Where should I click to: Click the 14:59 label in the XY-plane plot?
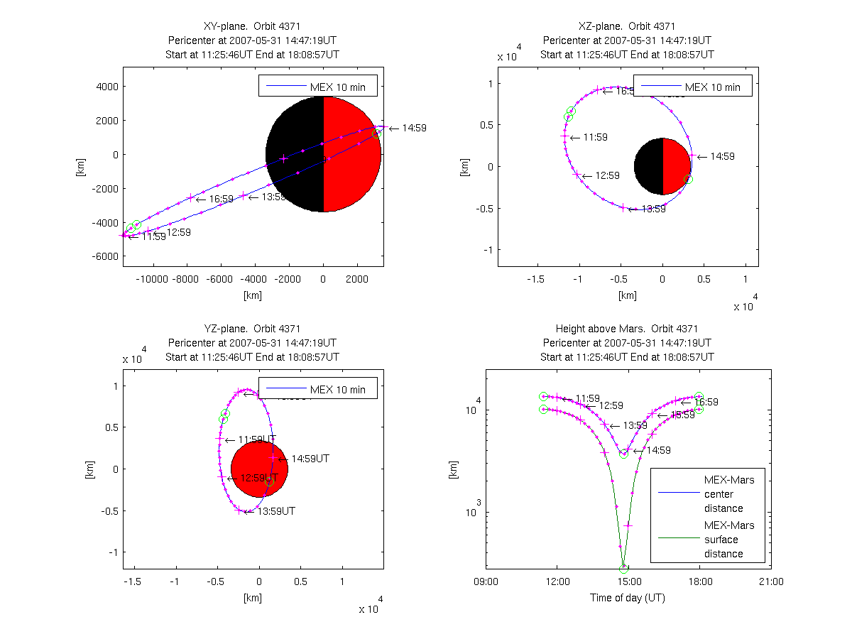pyautogui.click(x=411, y=129)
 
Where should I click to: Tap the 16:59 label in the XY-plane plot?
pyautogui.click(x=221, y=199)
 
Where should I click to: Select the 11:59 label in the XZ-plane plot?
pyautogui.click(x=595, y=137)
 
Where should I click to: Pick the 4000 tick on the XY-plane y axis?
pyautogui.click(x=106, y=87)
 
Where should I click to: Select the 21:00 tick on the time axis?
pyautogui.click(x=771, y=581)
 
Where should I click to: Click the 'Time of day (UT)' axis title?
pyautogui.click(x=628, y=598)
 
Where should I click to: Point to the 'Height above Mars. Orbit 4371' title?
pyautogui.click(x=628, y=329)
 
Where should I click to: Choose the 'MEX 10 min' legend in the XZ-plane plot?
pyautogui.click(x=692, y=87)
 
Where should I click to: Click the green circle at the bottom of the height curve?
pyautogui.click(x=624, y=569)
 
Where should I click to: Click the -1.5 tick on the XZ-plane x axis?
pyautogui.click(x=536, y=279)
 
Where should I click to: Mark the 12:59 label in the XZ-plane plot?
pyautogui.click(x=607, y=175)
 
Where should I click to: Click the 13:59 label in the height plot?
pyautogui.click(x=635, y=425)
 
